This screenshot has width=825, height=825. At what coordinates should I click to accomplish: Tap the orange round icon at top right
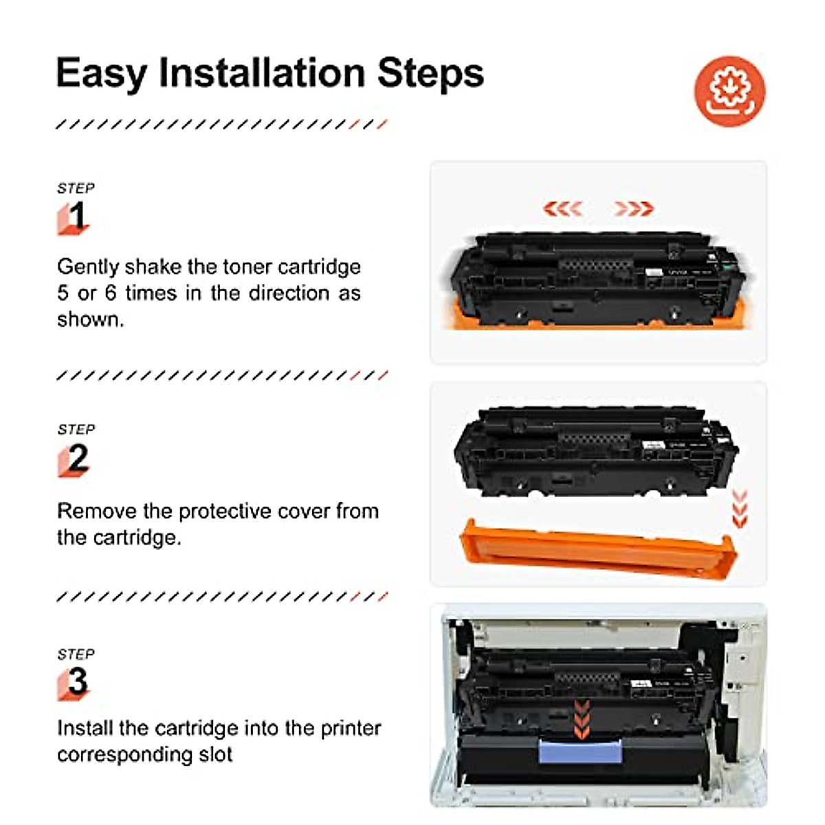point(729,91)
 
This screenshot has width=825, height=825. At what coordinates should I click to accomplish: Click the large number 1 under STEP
point(78,216)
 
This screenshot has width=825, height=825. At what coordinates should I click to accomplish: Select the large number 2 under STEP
point(78,458)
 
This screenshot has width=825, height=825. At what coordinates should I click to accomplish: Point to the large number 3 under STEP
point(78,681)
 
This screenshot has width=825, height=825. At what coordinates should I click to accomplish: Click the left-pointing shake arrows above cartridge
point(563,208)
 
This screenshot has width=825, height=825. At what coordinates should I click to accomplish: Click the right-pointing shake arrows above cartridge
point(633,208)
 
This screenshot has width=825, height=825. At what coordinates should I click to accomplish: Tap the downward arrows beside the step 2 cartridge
point(740,509)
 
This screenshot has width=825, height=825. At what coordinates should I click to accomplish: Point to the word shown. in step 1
point(90,320)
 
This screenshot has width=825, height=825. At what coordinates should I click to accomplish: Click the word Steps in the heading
point(431,74)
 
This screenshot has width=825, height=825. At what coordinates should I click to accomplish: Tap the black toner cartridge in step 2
point(595,451)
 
